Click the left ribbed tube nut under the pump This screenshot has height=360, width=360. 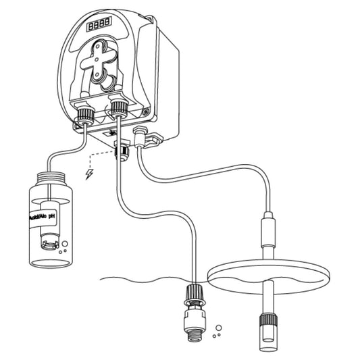(x=84, y=114)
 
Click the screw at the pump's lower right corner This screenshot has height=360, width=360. (x=148, y=106)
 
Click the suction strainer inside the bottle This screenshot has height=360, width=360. (x=48, y=236)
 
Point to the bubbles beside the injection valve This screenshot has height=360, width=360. (x=216, y=332)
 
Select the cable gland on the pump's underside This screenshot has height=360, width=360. (x=122, y=151)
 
